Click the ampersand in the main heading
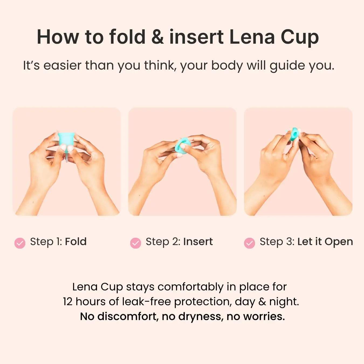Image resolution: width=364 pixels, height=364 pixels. [157, 37]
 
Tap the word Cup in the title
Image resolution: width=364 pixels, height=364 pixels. [300, 37]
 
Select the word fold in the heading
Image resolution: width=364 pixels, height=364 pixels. [127, 37]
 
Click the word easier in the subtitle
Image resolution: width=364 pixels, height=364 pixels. [62, 66]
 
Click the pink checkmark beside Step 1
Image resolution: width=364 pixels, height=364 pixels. [20, 243]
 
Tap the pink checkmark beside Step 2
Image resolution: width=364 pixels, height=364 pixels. [135, 243]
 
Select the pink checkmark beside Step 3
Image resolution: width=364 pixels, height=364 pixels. [249, 243]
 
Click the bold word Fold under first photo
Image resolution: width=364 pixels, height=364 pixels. [76, 242]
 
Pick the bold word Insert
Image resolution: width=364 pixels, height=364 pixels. [198, 242]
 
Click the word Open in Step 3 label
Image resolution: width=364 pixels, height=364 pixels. [339, 242]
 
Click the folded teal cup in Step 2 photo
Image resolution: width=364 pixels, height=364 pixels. [183, 146]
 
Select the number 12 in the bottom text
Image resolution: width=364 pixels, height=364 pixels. [68, 302]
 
